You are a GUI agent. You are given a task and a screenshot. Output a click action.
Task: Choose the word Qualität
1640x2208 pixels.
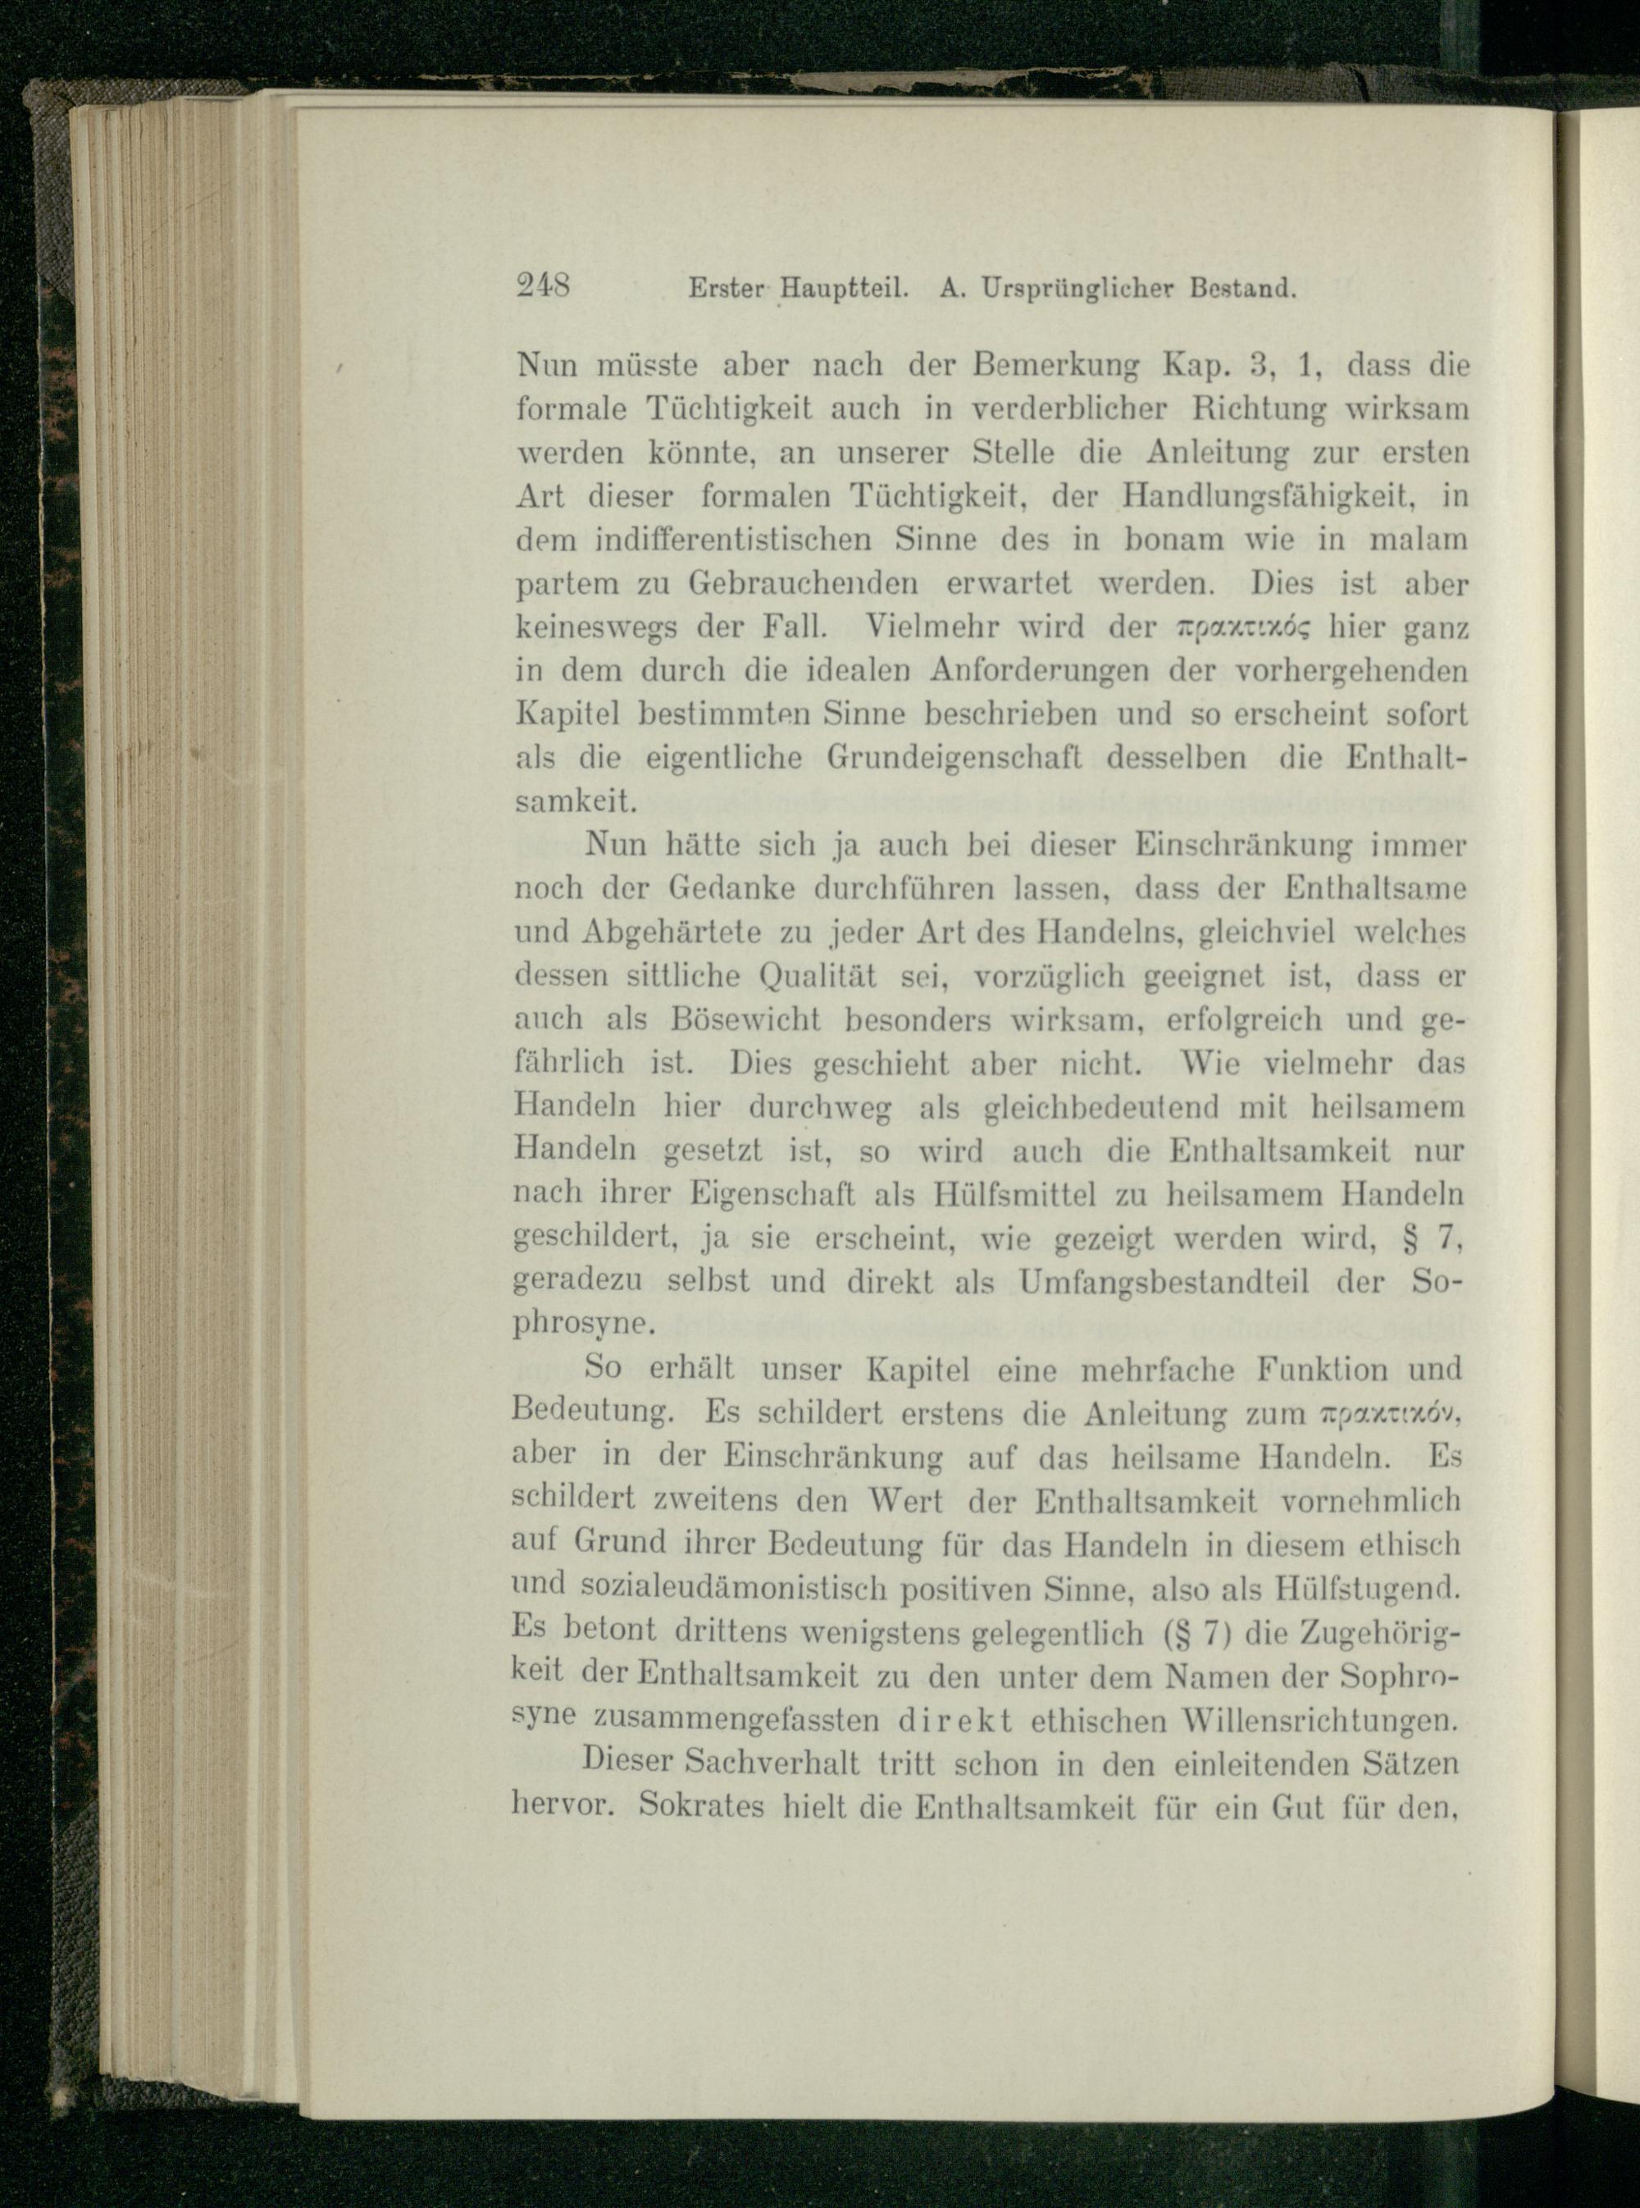click(x=818, y=976)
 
